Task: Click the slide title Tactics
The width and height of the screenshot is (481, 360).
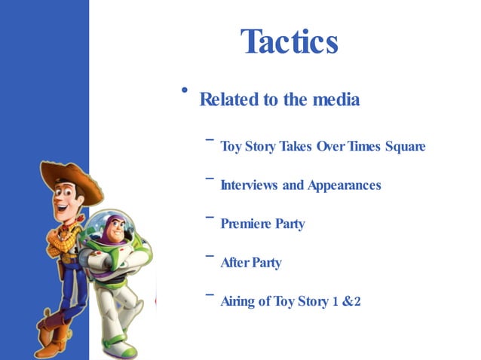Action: click(289, 41)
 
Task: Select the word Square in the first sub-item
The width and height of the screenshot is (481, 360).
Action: click(405, 146)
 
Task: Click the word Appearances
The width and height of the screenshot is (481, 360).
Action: click(344, 185)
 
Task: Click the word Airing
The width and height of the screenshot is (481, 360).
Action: click(237, 302)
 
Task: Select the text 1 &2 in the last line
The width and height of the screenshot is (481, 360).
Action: click(347, 302)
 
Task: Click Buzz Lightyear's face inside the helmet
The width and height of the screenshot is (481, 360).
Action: click(113, 233)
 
